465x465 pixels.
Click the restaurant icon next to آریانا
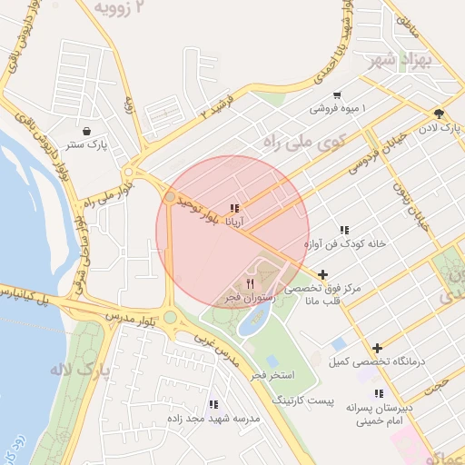point(235,208)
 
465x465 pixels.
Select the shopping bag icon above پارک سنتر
point(86,131)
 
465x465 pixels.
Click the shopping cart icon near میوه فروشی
point(337,95)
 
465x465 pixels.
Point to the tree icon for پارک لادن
point(439,114)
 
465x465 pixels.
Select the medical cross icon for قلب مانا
point(323,274)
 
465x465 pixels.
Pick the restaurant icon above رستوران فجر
point(250,283)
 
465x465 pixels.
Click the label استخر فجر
point(272,374)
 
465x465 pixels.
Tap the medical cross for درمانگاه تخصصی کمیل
point(377,348)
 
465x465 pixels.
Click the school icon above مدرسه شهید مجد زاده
point(213,404)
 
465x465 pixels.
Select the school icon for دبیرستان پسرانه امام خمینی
point(379,393)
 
